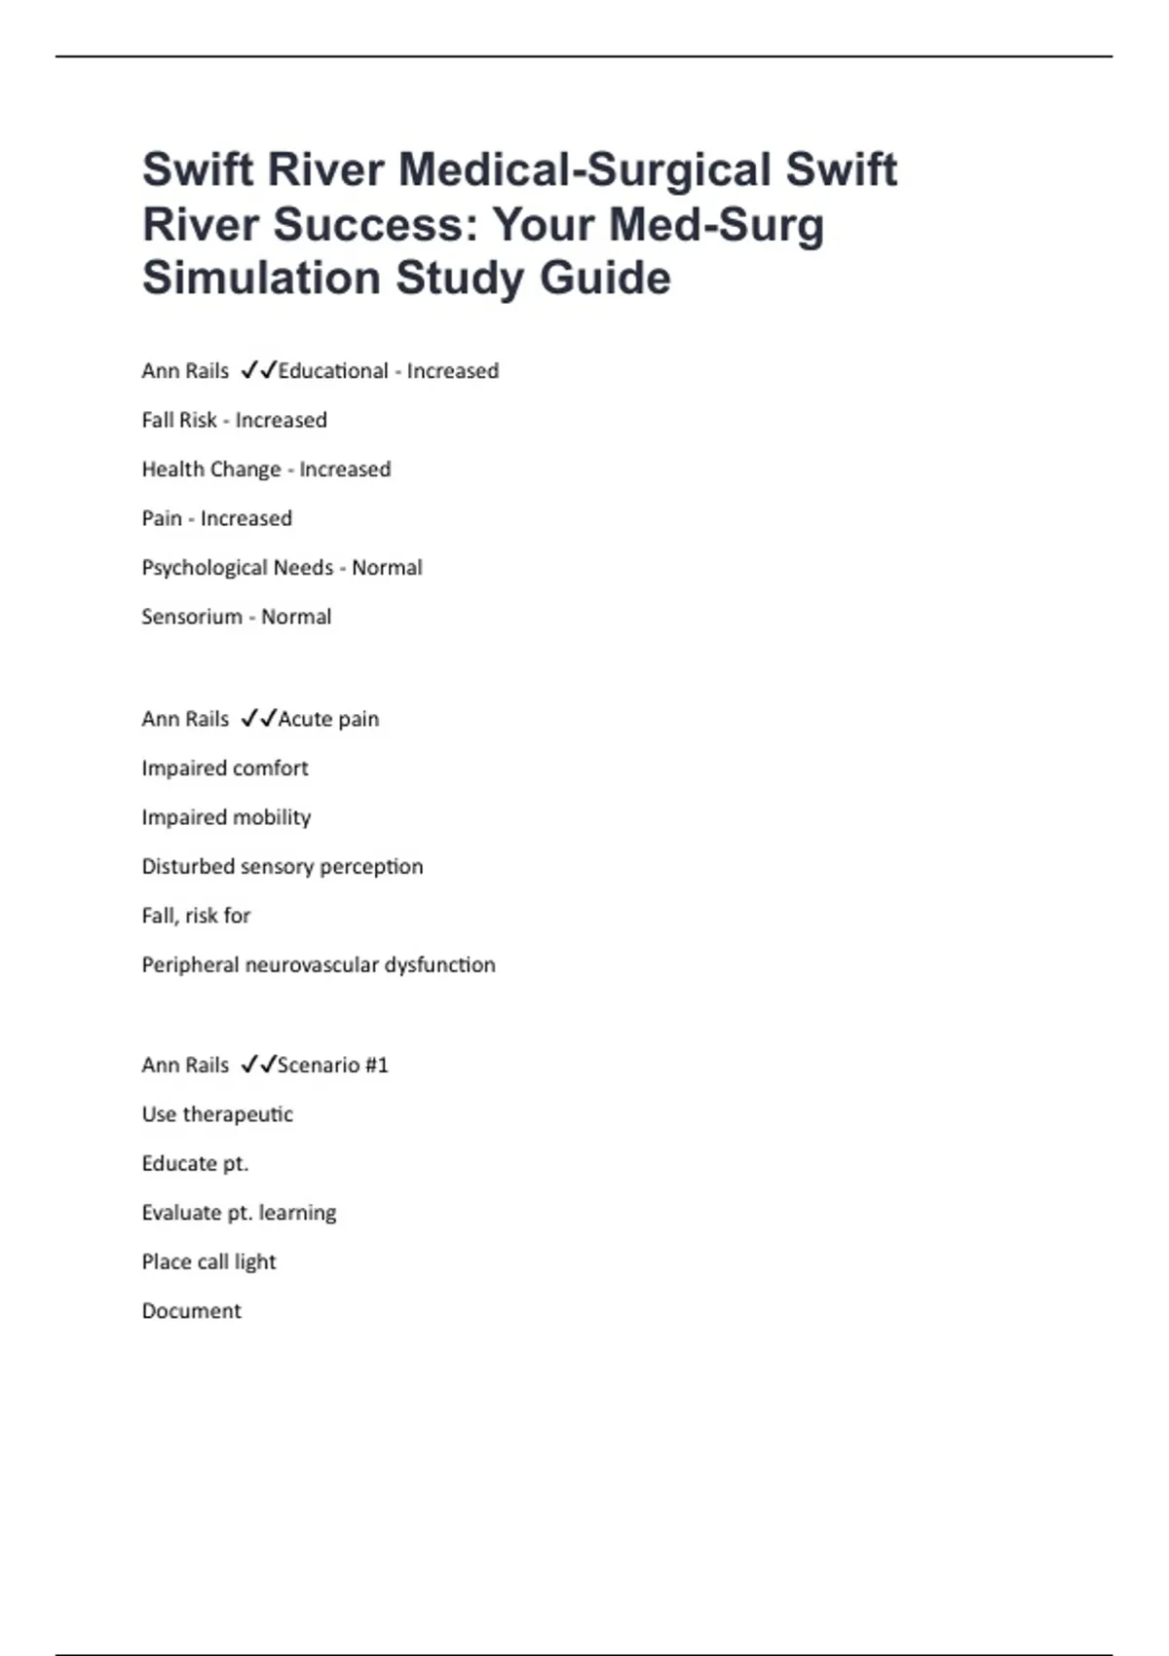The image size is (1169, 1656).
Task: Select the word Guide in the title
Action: [x=605, y=279]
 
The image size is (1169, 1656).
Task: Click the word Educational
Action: [x=333, y=371]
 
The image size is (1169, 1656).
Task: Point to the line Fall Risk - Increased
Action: [x=234, y=421]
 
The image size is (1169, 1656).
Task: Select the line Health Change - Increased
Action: [x=266, y=470]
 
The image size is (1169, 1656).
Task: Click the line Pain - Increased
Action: [x=216, y=518]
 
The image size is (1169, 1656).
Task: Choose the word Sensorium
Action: [x=192, y=617]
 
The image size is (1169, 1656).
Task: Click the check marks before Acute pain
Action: [x=258, y=719]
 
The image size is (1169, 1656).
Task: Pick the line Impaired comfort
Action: [x=224, y=769]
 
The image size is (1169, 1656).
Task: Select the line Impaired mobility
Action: [x=226, y=817]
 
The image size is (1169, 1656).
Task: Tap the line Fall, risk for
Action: [x=196, y=916]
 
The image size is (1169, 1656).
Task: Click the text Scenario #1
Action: [x=333, y=1066]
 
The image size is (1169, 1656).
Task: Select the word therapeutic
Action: [x=238, y=1114]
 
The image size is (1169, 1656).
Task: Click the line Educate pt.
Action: [x=195, y=1164]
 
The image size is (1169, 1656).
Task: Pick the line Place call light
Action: [x=208, y=1262]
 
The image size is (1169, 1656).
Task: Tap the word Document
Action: [x=191, y=1311]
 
